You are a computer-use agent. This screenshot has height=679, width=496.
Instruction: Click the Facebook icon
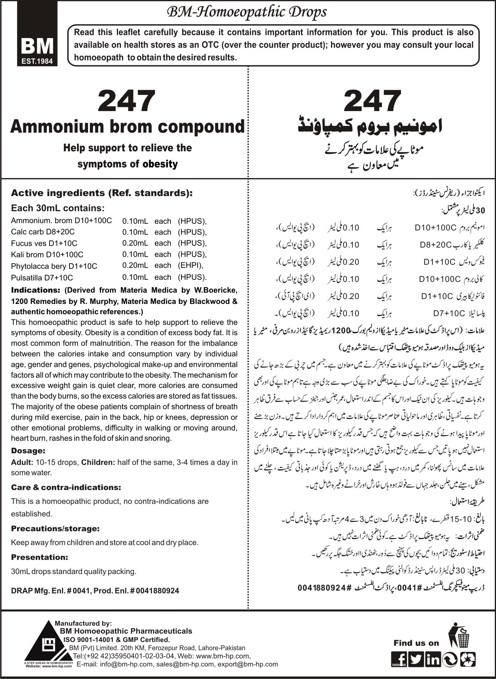[x=399, y=658]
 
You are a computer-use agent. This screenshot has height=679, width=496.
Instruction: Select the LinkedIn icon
[x=433, y=658]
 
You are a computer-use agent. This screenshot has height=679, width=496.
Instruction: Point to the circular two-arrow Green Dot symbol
[x=449, y=658]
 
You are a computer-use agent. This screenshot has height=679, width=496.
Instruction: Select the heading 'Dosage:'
[x=28, y=450]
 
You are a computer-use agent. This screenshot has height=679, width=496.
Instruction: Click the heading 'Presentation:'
[x=40, y=557]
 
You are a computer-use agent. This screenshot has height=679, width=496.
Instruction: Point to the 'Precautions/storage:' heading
[x=55, y=528]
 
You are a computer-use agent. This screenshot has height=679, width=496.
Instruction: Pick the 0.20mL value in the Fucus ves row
[x=135, y=243]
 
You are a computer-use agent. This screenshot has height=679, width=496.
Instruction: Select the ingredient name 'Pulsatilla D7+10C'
[x=42, y=277]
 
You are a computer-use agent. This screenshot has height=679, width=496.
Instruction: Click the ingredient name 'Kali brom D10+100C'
[x=47, y=254]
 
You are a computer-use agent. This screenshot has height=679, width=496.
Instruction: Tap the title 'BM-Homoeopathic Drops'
[x=246, y=12]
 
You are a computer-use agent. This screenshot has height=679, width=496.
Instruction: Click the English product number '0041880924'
[x=158, y=590]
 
